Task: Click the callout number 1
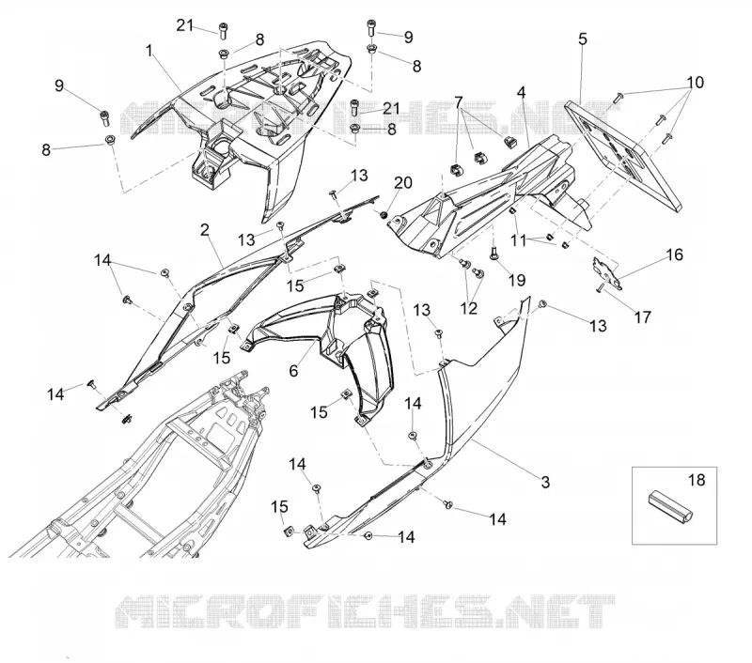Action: pyautogui.click(x=149, y=51)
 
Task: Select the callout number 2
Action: pyautogui.click(x=205, y=230)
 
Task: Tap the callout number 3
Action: pyautogui.click(x=545, y=482)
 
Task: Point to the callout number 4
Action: pyautogui.click(x=522, y=92)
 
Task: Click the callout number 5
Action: pyautogui.click(x=583, y=39)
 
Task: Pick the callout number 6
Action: pyautogui.click(x=293, y=370)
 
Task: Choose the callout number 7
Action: pyautogui.click(x=459, y=102)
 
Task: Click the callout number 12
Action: pyautogui.click(x=468, y=309)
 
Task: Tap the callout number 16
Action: pyautogui.click(x=674, y=254)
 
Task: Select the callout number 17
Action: pyautogui.click(x=643, y=316)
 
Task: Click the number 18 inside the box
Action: pyautogui.click(x=697, y=480)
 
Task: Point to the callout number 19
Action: pyautogui.click(x=516, y=280)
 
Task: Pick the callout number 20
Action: pyautogui.click(x=403, y=182)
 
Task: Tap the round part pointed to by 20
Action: pyautogui.click(x=384, y=215)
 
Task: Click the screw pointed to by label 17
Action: pyautogui.click(x=599, y=287)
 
